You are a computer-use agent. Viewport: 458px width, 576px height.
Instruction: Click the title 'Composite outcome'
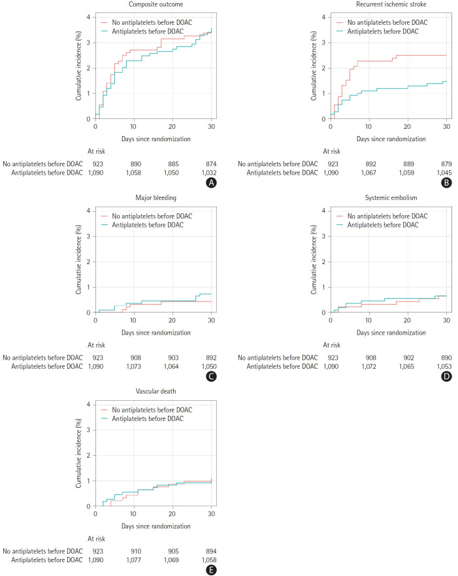(155, 6)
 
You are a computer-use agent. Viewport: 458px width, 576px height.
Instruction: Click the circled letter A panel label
(211, 184)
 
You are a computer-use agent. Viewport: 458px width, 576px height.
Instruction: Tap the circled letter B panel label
(446, 184)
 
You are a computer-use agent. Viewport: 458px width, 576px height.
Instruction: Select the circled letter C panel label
(211, 377)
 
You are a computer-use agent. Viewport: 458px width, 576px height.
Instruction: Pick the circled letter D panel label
(446, 377)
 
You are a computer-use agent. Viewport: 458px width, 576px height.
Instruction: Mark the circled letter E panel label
(211, 570)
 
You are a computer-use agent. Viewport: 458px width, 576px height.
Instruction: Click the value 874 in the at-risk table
(210, 164)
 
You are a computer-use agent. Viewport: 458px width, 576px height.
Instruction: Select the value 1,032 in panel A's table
(207, 173)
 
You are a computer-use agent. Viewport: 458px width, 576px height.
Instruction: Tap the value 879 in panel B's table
(445, 164)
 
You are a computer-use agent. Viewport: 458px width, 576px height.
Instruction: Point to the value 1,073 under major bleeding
(131, 366)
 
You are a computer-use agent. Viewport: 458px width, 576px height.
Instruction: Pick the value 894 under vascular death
(210, 551)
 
